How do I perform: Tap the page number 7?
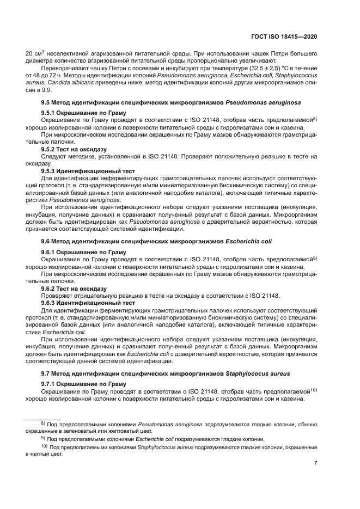[316, 463]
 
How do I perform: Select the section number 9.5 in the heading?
[47, 102]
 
